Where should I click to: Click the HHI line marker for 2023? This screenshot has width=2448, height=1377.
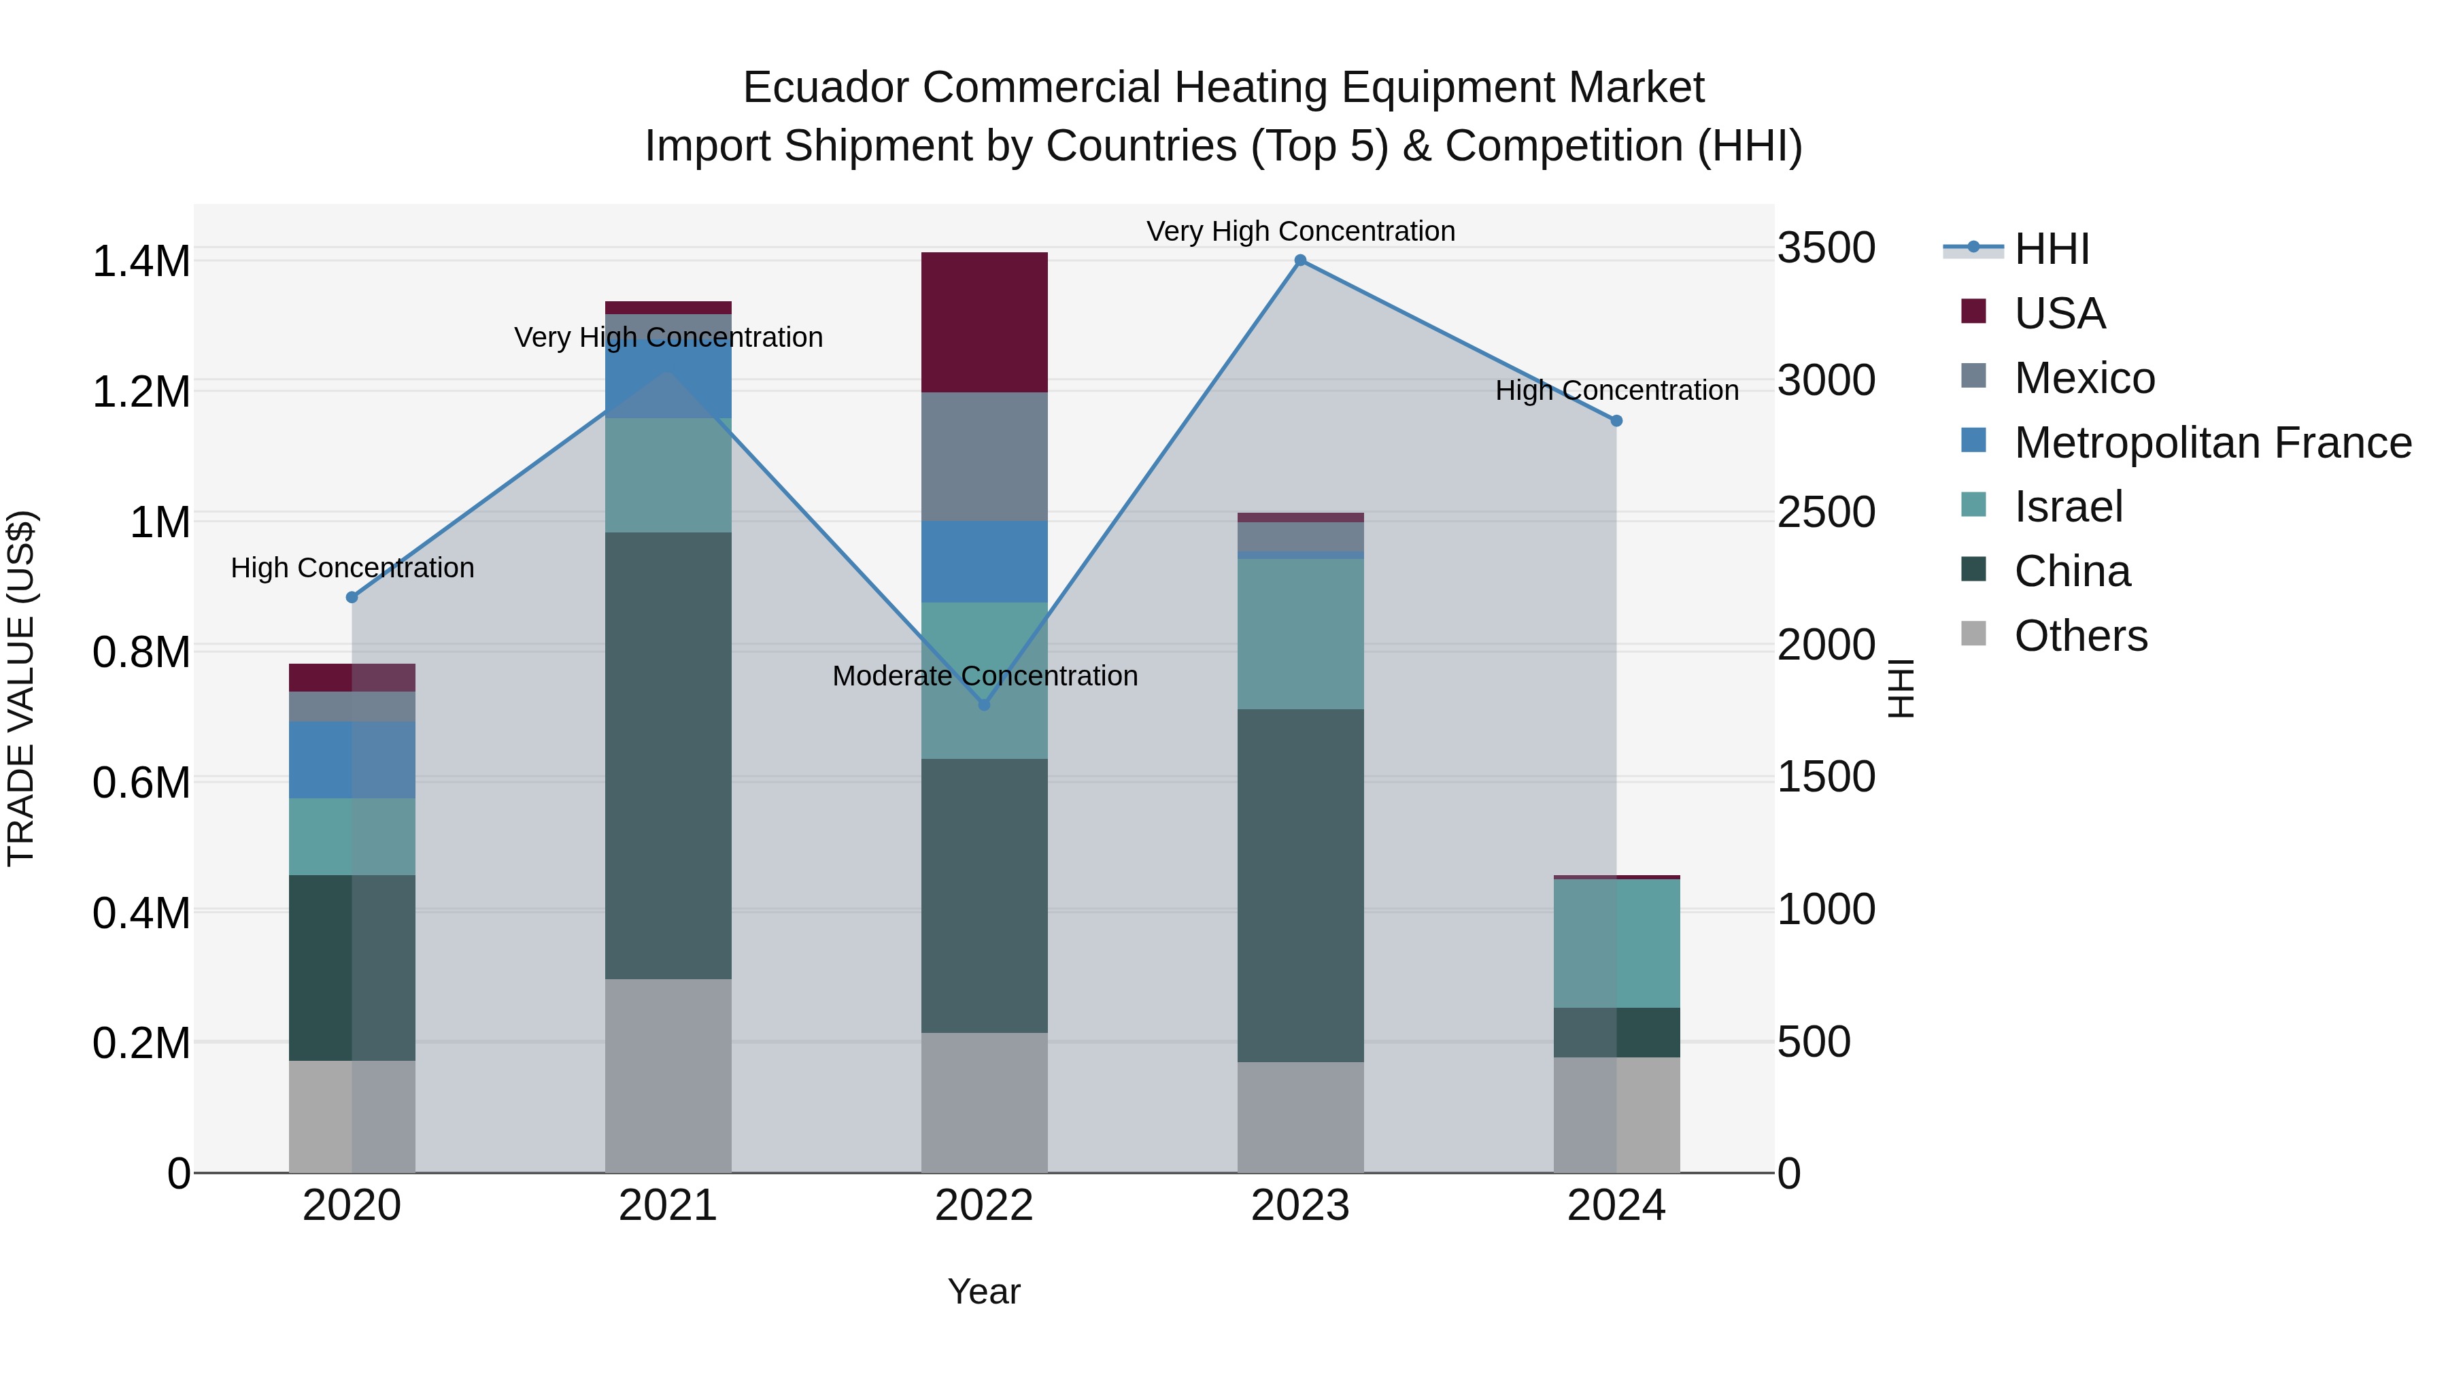[x=1300, y=260]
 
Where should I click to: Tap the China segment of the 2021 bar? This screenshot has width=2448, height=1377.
[x=667, y=755]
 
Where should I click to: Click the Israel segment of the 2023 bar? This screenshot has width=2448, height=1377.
[x=1300, y=634]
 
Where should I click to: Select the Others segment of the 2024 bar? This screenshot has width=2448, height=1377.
[x=1616, y=1115]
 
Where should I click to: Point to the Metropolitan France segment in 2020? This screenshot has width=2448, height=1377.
[x=352, y=760]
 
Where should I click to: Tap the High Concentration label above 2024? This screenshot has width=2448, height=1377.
[x=1616, y=390]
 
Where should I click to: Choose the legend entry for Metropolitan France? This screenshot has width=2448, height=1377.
[x=2211, y=443]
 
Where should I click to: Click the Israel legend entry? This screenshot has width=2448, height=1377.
[x=2068, y=507]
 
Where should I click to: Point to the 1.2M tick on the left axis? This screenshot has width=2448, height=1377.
[x=141, y=392]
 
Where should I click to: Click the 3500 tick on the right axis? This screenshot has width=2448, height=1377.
[x=1826, y=248]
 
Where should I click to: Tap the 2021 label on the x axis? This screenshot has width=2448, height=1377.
[x=667, y=1206]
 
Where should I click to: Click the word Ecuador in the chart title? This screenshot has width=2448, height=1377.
[x=826, y=88]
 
